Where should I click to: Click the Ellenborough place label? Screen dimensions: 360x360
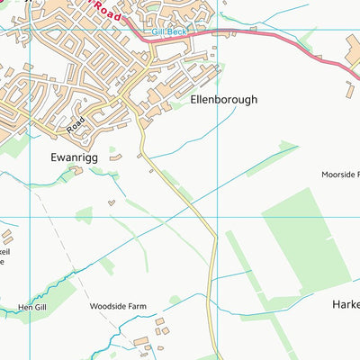(x=223, y=100)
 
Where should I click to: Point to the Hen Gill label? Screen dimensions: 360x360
(x=31, y=307)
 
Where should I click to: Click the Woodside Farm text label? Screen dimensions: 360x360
(x=117, y=306)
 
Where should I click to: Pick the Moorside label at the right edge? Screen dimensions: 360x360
(x=340, y=173)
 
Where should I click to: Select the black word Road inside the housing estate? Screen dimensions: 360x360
(x=76, y=122)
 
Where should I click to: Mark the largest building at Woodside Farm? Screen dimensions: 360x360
(x=140, y=341)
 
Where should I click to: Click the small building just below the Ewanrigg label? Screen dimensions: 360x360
(x=76, y=170)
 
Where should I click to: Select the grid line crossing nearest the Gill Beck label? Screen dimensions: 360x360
(x=217, y=30)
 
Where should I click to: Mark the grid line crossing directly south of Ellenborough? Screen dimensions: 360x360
(x=217, y=217)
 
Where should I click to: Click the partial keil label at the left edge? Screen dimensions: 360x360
(x=4, y=253)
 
